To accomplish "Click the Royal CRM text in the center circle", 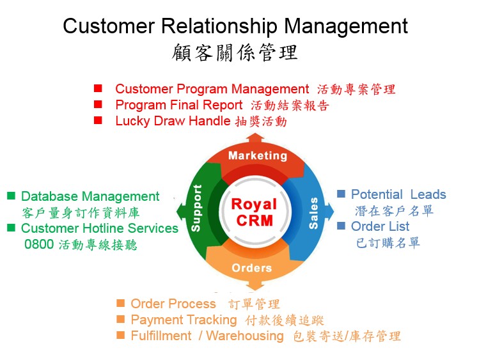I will [254, 212].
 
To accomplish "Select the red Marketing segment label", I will [257, 155].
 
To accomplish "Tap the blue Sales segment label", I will [313, 214].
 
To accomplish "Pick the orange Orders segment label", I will [251, 267].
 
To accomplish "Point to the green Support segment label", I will [197, 208].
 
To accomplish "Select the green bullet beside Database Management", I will [11, 196].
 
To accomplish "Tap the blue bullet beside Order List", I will [341, 226].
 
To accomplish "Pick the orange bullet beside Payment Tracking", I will [120, 319].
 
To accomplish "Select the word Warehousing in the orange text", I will [245, 336].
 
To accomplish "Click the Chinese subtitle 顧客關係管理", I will [235, 52].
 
